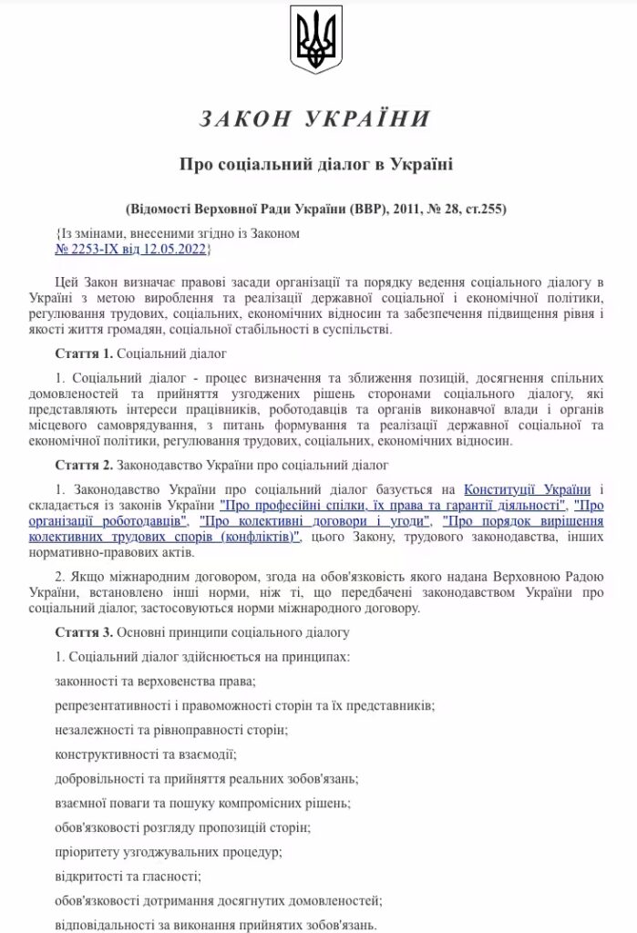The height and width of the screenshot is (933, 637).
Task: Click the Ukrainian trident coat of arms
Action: (x=316, y=39)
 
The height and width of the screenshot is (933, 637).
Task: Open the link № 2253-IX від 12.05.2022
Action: (x=132, y=248)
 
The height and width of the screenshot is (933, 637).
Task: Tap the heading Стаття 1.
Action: (x=83, y=352)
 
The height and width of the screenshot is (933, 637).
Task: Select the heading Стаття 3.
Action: (x=83, y=631)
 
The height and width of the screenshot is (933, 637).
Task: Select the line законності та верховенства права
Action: (x=154, y=681)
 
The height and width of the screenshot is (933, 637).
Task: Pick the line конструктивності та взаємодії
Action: (x=145, y=754)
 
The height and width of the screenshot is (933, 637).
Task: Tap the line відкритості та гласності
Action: (x=128, y=877)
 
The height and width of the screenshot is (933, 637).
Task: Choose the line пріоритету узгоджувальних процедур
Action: (x=169, y=852)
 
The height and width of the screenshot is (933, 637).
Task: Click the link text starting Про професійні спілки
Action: (x=392, y=506)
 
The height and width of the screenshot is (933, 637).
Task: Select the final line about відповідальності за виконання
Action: (x=215, y=925)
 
